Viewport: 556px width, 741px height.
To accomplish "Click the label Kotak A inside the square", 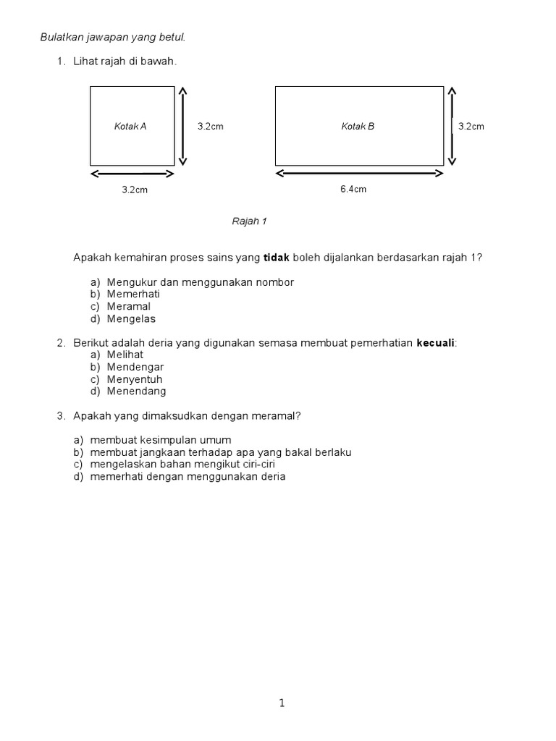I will [x=130, y=127].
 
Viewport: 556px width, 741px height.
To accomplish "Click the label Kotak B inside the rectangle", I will [x=358, y=127].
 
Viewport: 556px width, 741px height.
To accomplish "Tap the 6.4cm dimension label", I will [x=353, y=190].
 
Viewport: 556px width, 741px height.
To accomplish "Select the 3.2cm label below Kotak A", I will [x=135, y=190].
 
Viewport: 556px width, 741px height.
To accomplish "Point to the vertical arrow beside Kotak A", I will [x=182, y=126].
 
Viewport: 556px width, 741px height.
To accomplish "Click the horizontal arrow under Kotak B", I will [x=359, y=174].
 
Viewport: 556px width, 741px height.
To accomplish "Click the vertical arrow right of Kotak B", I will [x=452, y=126].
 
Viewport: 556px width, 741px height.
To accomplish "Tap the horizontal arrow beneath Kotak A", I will [x=132, y=174].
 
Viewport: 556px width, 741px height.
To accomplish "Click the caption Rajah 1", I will [x=249, y=221].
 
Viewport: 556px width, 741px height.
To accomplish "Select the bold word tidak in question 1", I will [x=275, y=258].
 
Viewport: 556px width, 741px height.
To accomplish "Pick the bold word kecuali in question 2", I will [x=436, y=342].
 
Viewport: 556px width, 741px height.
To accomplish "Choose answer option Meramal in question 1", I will [x=129, y=306].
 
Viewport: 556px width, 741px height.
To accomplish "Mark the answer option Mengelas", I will [x=131, y=318].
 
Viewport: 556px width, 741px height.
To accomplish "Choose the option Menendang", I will [x=137, y=391].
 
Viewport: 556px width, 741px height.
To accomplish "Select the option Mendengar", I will [x=135, y=367].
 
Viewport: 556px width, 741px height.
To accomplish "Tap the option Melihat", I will [x=125, y=355].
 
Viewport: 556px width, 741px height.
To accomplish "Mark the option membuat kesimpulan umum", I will [x=161, y=440].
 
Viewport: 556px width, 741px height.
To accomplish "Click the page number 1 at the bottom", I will [x=282, y=703].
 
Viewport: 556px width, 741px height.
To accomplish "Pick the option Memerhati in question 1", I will [x=133, y=294].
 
